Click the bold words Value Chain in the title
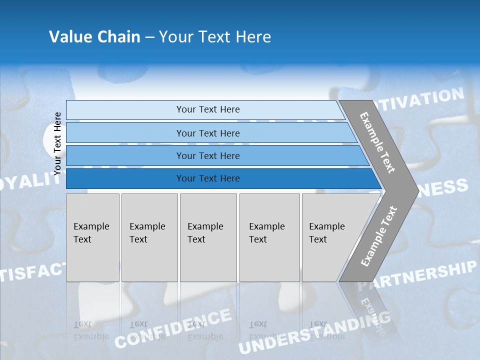[94, 37]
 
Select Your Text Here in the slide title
[215, 37]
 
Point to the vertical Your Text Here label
[57, 143]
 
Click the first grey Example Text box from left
[92, 237]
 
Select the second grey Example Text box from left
[149, 237]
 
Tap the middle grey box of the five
[208, 237]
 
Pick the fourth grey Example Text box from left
[269, 237]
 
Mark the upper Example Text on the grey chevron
[377, 142]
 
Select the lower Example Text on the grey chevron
[379, 236]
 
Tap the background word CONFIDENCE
[173, 328]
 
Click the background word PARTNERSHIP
[417, 276]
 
